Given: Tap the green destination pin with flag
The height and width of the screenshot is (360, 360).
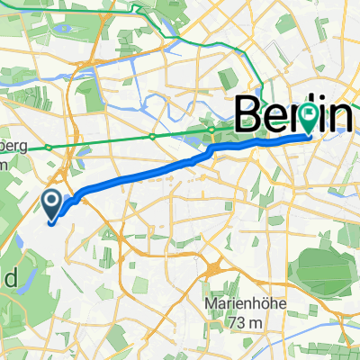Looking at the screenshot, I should click(x=310, y=117).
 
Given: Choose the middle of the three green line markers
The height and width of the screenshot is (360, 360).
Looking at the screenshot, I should click(x=153, y=137).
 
